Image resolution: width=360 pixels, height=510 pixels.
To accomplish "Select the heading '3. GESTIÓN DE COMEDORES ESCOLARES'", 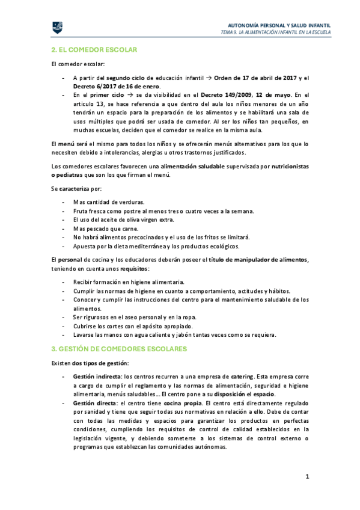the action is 119,349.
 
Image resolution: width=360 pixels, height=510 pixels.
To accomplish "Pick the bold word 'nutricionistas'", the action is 290,166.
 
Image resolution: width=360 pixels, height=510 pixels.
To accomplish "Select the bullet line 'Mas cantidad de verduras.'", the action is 109,201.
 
